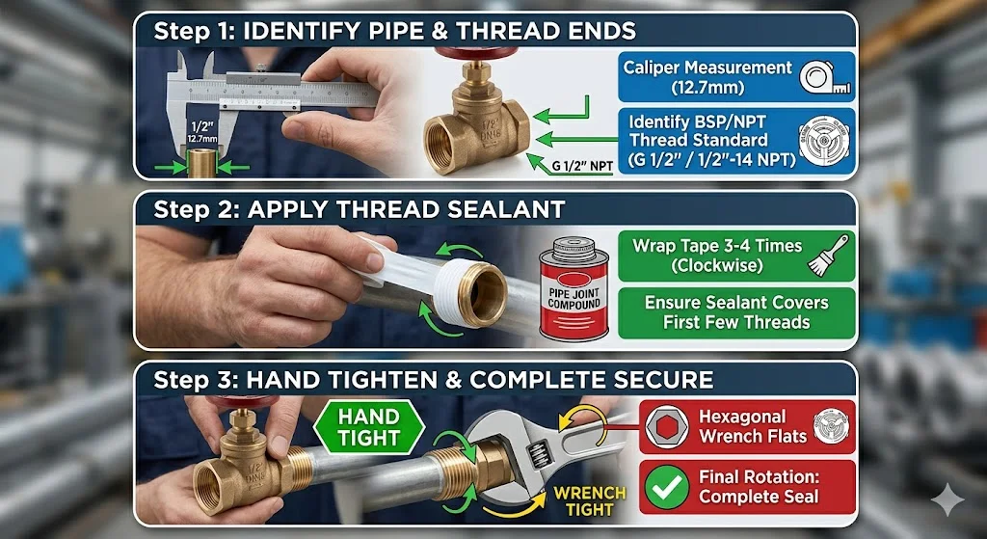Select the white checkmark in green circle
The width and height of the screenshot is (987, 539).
point(667,487)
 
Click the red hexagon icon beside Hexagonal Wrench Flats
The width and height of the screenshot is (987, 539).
point(667,426)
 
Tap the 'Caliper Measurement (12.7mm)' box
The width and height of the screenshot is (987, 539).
point(736,77)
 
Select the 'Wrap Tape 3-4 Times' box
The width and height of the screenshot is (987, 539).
point(736,256)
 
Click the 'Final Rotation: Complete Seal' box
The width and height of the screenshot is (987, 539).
point(747,487)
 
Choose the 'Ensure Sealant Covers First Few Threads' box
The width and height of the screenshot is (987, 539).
point(736,313)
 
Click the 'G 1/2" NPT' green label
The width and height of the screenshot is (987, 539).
point(582,168)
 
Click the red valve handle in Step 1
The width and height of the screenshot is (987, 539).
point(467,53)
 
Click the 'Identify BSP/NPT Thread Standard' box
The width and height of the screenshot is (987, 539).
point(736,141)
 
